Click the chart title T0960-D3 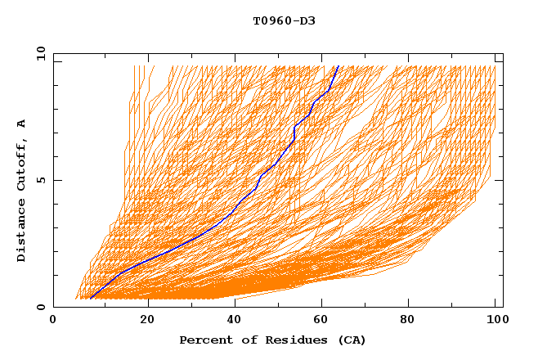click(x=284, y=20)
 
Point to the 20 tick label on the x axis click(x=147, y=320)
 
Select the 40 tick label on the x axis click(x=235, y=320)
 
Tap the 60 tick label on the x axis click(x=325, y=320)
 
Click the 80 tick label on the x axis click(x=413, y=320)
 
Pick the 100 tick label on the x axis click(x=495, y=320)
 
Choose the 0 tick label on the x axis click(x=54, y=320)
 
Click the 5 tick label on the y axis click(x=40, y=180)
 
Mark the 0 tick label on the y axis click(x=40, y=307)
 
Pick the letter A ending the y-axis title click(x=21, y=124)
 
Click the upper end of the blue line click(x=338, y=65)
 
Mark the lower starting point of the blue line click(x=90, y=299)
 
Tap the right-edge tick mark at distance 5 click(x=500, y=180)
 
